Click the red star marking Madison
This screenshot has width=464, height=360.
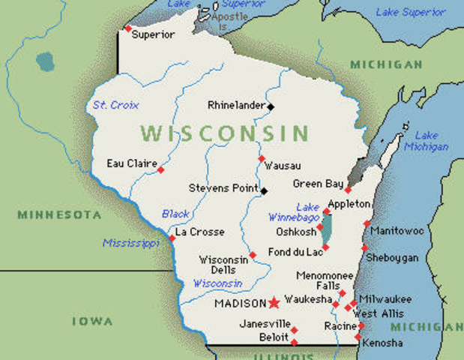pyautogui.click(x=274, y=303)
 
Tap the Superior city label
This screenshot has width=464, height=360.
pyautogui.click(x=153, y=34)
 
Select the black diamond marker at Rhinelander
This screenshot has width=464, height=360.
pyautogui.click(x=271, y=106)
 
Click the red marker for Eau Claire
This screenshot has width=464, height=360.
pyautogui.click(x=160, y=170)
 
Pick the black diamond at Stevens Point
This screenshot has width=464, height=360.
pyautogui.click(x=263, y=190)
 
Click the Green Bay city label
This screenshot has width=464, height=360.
pyautogui.click(x=318, y=184)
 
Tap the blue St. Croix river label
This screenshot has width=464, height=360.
pyautogui.click(x=115, y=105)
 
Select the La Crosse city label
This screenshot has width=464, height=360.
pyautogui.click(x=199, y=232)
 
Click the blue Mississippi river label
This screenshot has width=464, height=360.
pyautogui.click(x=131, y=243)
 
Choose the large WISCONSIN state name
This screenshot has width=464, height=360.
pyautogui.click(x=224, y=134)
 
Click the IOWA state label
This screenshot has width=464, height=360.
pyautogui.click(x=92, y=321)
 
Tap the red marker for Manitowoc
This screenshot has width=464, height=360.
pyautogui.click(x=367, y=223)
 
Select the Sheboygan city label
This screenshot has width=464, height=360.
pyautogui.click(x=392, y=257)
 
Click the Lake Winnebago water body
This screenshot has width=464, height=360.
pyautogui.click(x=328, y=229)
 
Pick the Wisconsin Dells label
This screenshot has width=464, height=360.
pyautogui.click(x=223, y=265)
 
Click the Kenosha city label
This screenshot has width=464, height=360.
pyautogui.click(x=382, y=343)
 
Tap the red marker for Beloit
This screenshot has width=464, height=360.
pyautogui.click(x=294, y=342)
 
